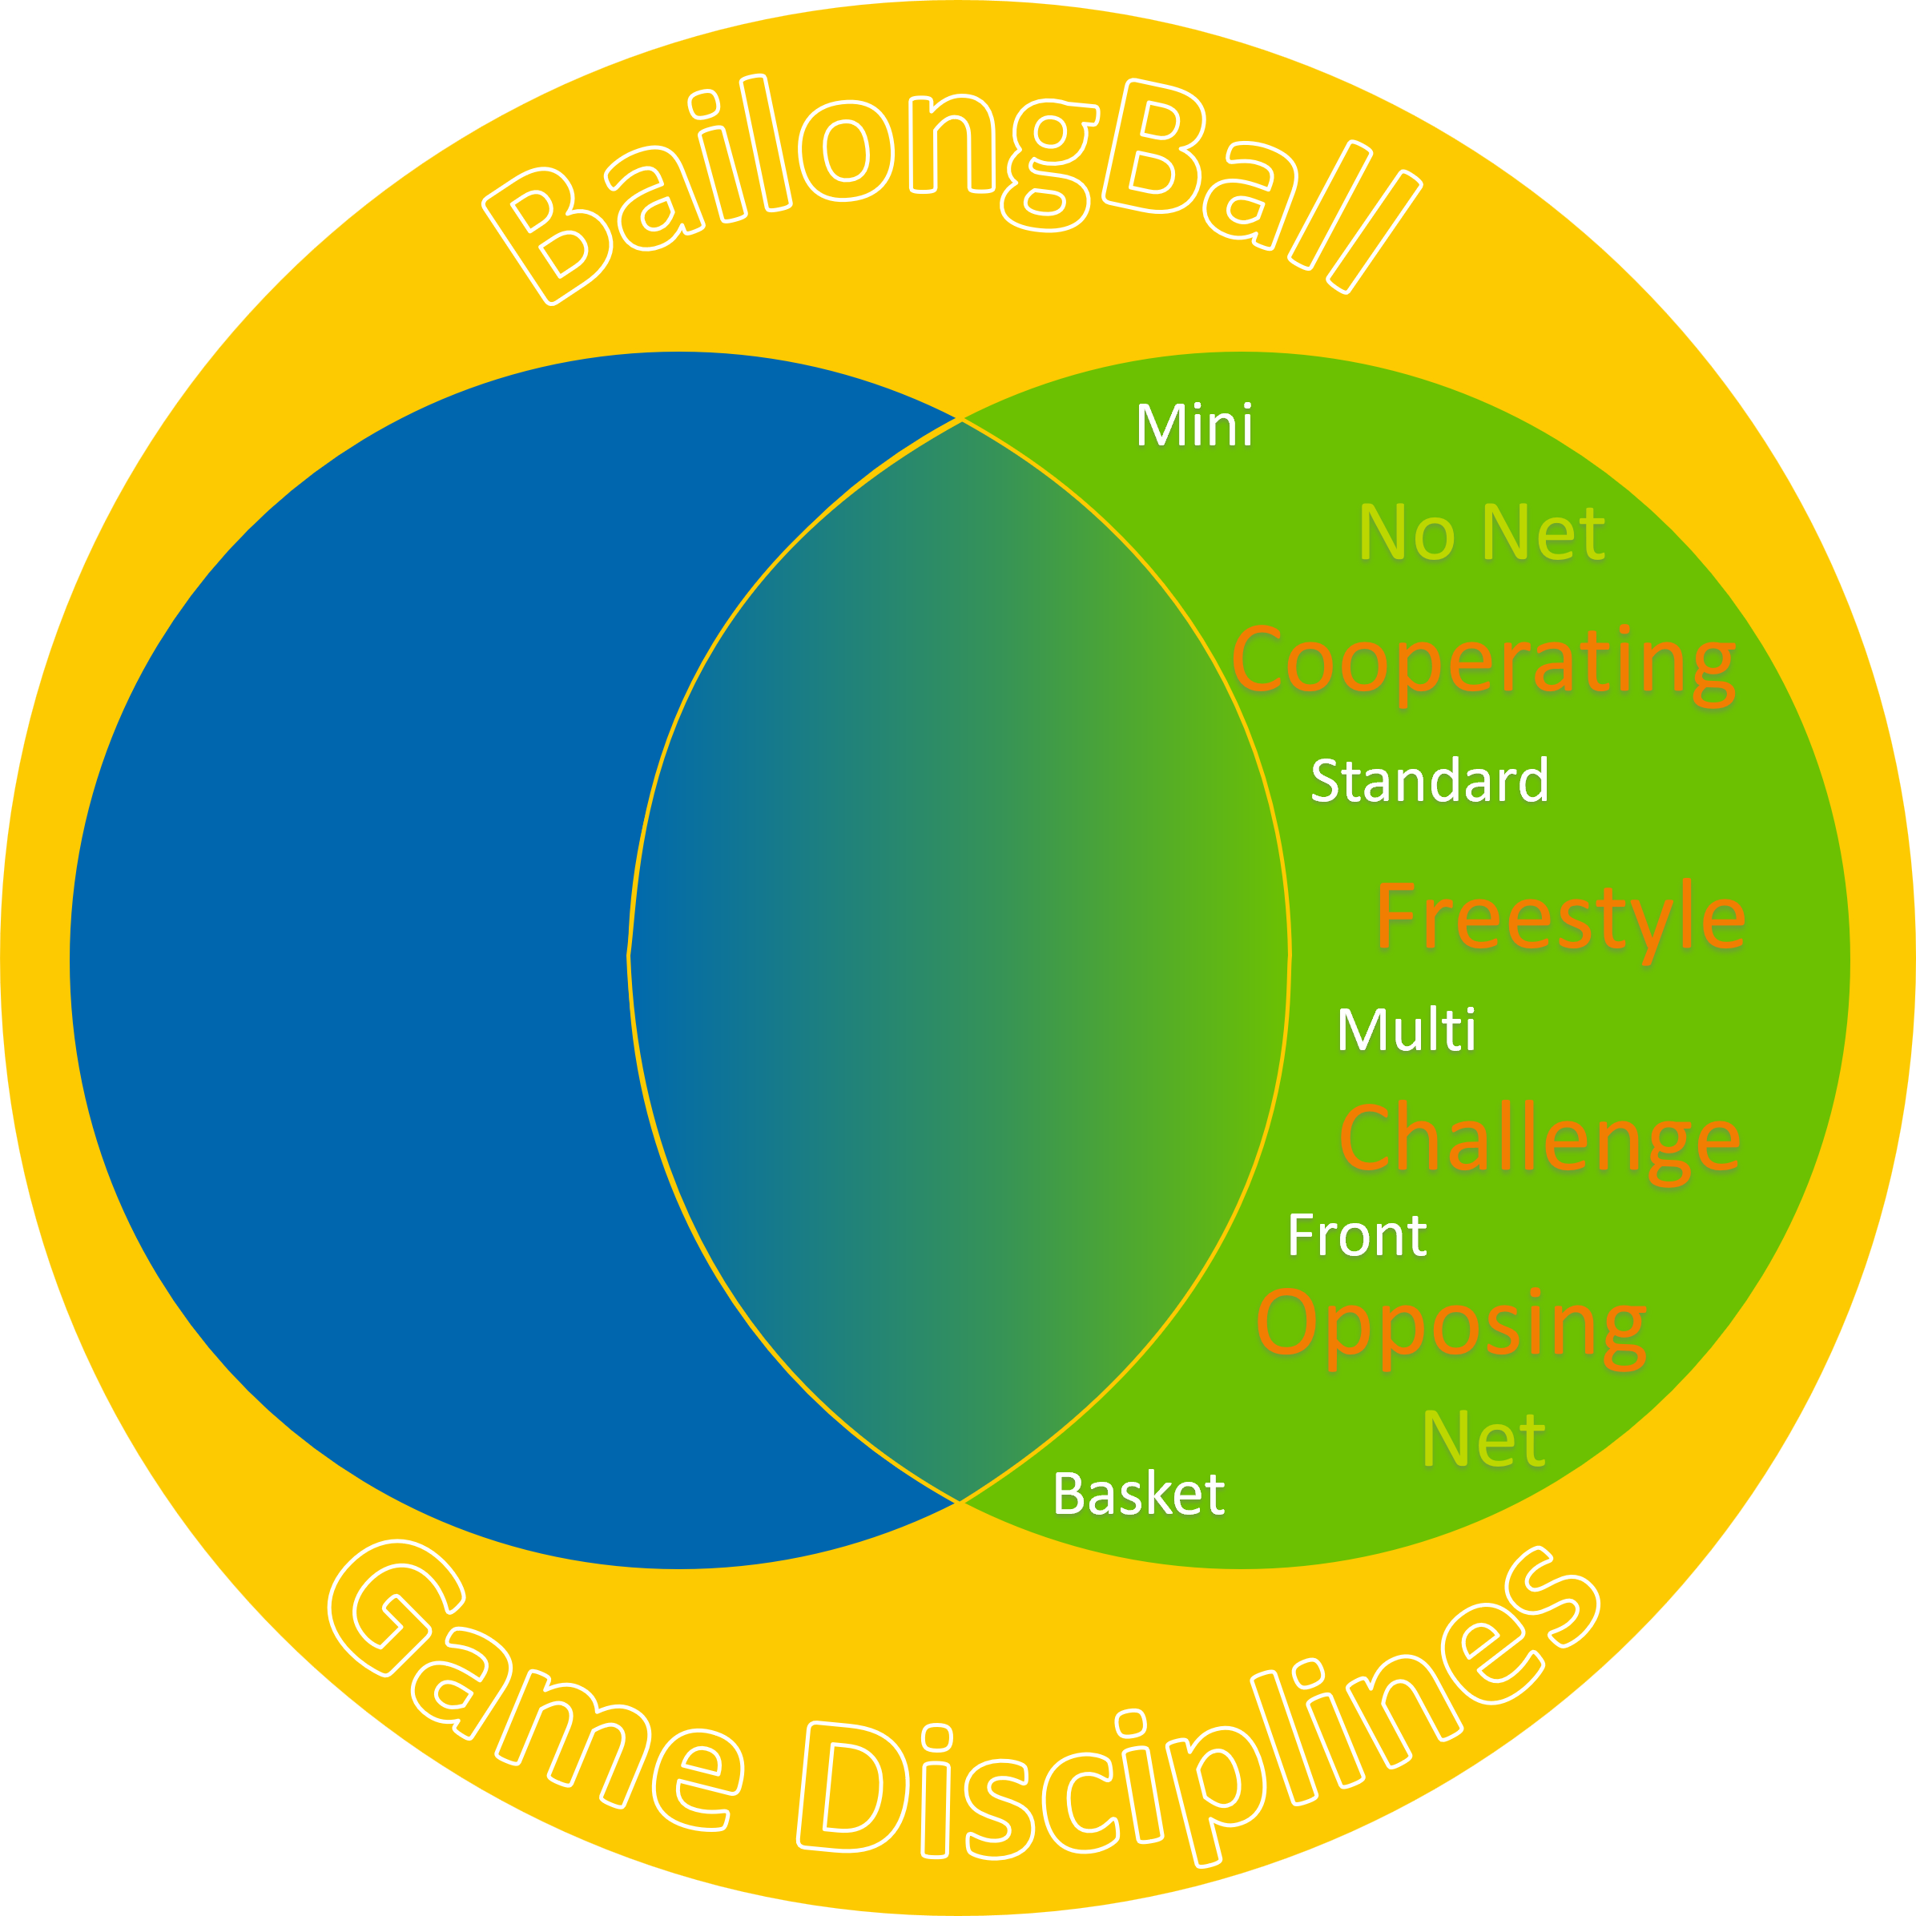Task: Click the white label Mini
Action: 1194,425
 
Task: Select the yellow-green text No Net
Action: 1482,533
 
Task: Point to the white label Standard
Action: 1429,780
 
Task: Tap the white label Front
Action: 1357,1236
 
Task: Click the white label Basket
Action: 1138,1494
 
